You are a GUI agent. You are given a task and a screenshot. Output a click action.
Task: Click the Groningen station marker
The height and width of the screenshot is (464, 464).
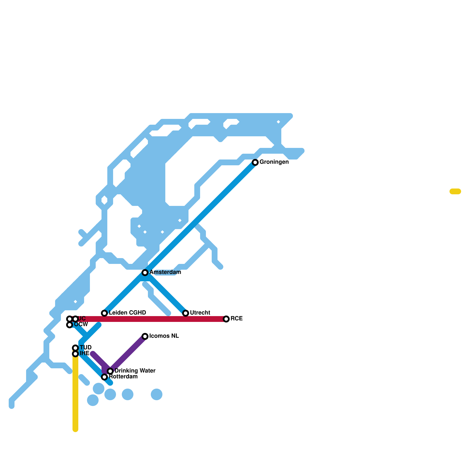[255, 162]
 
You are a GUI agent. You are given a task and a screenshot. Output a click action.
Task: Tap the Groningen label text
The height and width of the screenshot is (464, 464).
[274, 162]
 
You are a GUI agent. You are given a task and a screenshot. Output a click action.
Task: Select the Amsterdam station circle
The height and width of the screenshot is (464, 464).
[145, 273]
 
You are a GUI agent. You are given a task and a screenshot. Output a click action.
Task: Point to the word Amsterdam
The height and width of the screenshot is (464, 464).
[165, 272]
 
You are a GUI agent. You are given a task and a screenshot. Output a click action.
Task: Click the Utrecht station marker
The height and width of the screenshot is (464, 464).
[186, 313]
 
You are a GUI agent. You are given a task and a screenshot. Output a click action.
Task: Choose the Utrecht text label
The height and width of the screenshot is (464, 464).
[200, 313]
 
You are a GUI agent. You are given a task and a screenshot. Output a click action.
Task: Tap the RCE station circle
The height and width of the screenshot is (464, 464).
[226, 319]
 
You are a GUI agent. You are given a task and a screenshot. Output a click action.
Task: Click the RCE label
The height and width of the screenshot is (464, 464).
[237, 319]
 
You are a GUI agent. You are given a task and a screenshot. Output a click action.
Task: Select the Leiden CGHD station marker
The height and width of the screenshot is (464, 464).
[104, 313]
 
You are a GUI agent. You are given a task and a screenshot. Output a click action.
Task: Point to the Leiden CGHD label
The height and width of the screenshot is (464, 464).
[127, 313]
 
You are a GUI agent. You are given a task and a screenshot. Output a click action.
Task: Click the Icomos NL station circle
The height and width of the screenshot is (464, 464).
[145, 336]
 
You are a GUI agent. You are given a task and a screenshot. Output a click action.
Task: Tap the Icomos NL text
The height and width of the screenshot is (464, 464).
[164, 336]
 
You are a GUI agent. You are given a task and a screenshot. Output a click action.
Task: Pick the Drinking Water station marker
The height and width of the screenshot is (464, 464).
[110, 371]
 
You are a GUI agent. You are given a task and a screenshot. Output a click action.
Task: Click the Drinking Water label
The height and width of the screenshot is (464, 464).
[135, 371]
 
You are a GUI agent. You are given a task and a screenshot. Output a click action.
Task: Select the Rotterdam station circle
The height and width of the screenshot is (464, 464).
[104, 377]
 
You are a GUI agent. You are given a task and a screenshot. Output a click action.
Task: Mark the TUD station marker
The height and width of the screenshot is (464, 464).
[75, 348]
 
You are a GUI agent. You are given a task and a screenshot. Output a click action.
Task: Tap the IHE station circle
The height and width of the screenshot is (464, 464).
[75, 354]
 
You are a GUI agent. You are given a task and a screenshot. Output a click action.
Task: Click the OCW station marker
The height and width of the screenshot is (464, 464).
[70, 325]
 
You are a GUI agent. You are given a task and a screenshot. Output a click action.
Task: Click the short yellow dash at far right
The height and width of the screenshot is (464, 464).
[455, 191]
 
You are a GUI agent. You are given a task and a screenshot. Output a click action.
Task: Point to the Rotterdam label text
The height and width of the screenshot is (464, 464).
[123, 377]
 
